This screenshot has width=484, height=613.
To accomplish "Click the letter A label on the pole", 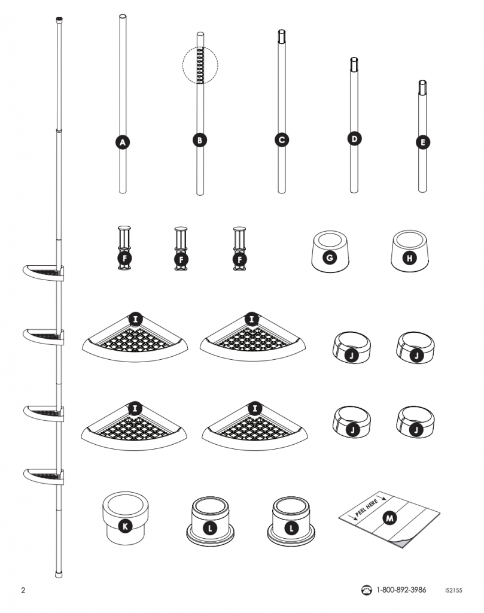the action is pyautogui.click(x=123, y=142).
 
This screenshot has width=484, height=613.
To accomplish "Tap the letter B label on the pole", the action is pyautogui.click(x=200, y=140).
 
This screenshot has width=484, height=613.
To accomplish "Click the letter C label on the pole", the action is pyautogui.click(x=282, y=140).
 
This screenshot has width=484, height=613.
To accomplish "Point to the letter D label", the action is pyautogui.click(x=354, y=139).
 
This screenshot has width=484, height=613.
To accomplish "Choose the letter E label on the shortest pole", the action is pyautogui.click(x=422, y=142).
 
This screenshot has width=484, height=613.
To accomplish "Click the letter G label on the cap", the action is pyautogui.click(x=330, y=258).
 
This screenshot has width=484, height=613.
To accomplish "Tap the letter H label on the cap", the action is pyautogui.click(x=409, y=258).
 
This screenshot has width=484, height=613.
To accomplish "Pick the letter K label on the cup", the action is pyautogui.click(x=125, y=527).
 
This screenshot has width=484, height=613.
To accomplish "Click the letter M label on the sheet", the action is pyautogui.click(x=389, y=518).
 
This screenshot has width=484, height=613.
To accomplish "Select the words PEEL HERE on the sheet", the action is pyautogui.click(x=366, y=508).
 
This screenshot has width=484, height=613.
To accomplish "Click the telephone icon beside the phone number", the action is pyautogui.click(x=366, y=590).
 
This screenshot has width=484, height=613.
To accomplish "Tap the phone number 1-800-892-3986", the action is pyautogui.click(x=401, y=590).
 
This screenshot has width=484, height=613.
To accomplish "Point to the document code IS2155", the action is pyautogui.click(x=453, y=590).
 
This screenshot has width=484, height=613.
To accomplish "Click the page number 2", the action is pyautogui.click(x=23, y=590).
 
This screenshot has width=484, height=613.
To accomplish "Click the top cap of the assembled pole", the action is pyautogui.click(x=59, y=19).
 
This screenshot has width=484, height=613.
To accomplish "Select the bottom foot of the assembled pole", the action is pyautogui.click(x=59, y=574).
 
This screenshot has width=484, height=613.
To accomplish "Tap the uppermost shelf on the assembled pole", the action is pyautogui.click(x=43, y=272).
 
